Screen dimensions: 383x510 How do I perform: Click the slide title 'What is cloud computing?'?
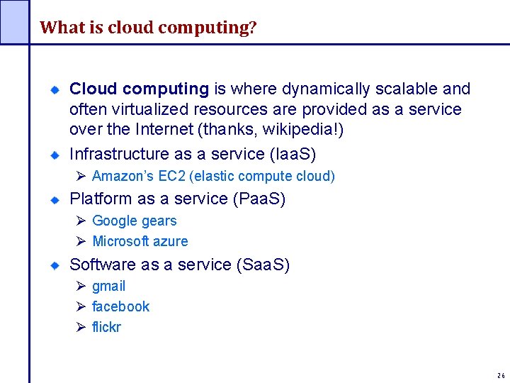148,28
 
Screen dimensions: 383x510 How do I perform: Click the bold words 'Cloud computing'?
139,89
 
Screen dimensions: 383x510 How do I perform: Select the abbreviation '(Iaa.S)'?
293,154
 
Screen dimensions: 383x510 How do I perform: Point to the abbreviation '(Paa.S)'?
259,199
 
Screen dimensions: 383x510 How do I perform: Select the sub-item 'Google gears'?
135,221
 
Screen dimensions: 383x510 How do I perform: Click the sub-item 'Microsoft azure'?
140,241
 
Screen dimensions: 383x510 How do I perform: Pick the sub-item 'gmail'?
109,286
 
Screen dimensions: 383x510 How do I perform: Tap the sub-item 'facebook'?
121,306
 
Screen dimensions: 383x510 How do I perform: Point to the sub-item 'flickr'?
107,327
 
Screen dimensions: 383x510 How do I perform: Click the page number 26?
501,376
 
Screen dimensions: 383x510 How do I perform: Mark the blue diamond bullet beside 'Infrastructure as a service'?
54,154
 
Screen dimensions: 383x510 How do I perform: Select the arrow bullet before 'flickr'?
81,327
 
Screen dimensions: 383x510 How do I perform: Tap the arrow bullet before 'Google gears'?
81,221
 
